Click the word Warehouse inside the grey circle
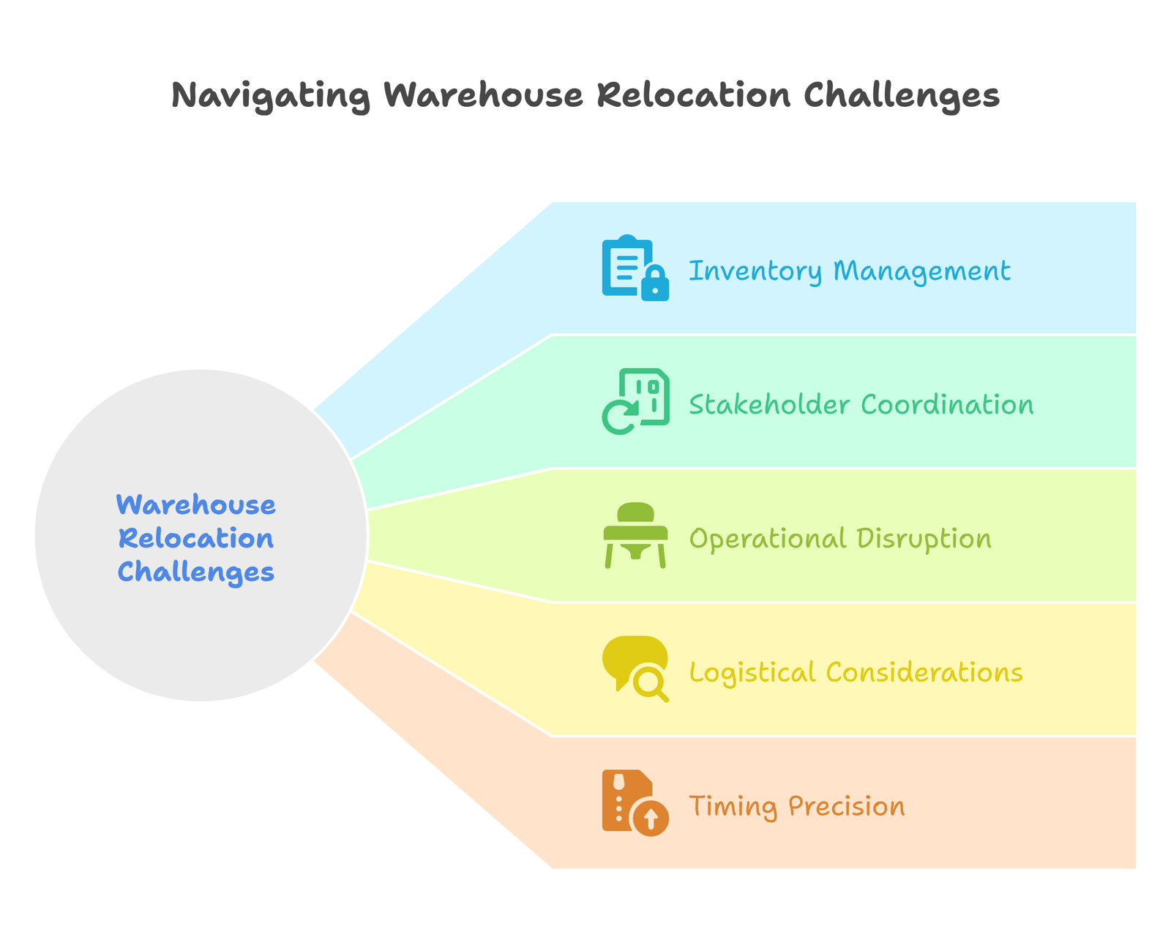click(196, 504)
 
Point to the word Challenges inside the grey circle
click(196, 571)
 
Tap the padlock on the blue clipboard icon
click(655, 284)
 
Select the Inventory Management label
click(850, 271)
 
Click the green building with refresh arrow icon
click(635, 401)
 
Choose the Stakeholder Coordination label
click(861, 405)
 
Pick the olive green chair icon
click(635, 535)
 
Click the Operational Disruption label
click(840, 539)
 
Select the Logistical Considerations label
click(856, 672)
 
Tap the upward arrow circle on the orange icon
click(650, 818)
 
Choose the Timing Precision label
click(797, 807)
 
